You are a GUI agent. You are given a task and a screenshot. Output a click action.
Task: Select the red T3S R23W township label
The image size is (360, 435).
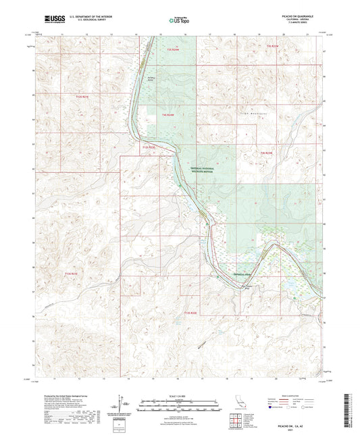click(272, 45)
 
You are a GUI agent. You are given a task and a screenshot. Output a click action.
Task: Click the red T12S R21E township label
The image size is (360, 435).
click(82, 97)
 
